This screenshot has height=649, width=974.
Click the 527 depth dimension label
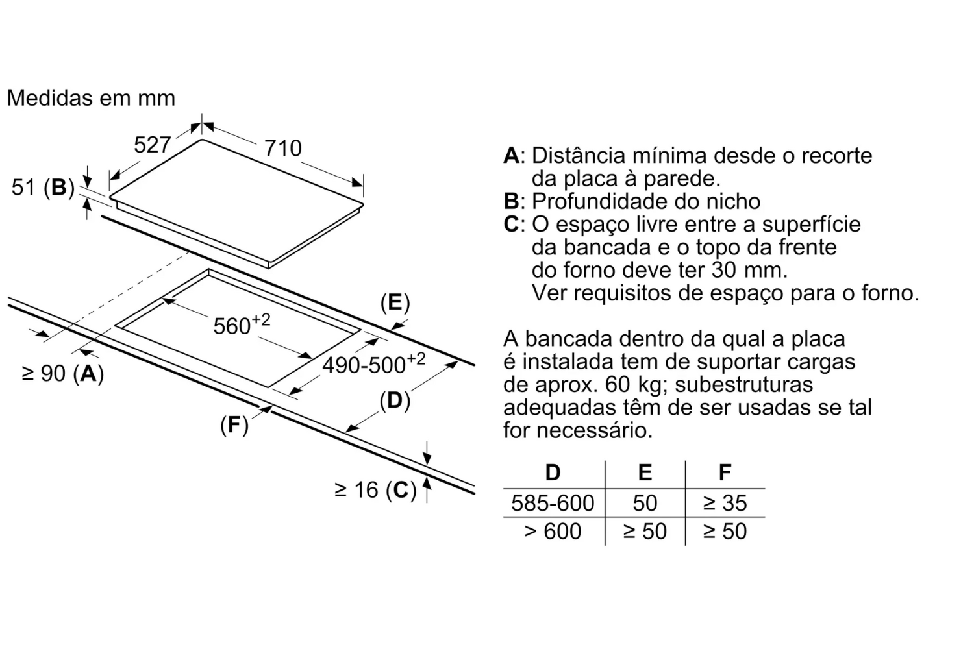pyautogui.click(x=152, y=145)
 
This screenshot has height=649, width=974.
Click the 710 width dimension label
pyautogui.click(x=283, y=149)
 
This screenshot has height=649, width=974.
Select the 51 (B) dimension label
pyautogui.click(x=43, y=188)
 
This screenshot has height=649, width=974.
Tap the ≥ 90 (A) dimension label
pyautogui.click(x=63, y=374)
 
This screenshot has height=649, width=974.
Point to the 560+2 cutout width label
pyautogui.click(x=242, y=324)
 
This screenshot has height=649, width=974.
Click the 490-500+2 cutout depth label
pyautogui.click(x=373, y=364)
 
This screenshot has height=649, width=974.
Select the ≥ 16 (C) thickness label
pyautogui.click(x=375, y=490)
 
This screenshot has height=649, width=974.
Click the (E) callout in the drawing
pyautogui.click(x=395, y=302)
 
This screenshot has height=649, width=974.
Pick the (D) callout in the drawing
pyautogui.click(x=395, y=400)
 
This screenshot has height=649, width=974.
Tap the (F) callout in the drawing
pyautogui.click(x=234, y=425)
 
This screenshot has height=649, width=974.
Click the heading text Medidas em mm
pyautogui.click(x=91, y=98)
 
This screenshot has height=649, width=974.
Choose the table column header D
pyautogui.click(x=553, y=472)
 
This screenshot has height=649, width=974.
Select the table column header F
pyautogui.click(x=725, y=472)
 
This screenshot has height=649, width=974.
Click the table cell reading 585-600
pyautogui.click(x=553, y=503)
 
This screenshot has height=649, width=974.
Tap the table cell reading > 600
pyautogui.click(x=553, y=532)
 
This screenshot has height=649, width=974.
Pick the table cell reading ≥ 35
pyautogui.click(x=725, y=503)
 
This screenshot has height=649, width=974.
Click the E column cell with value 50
pyautogui.click(x=645, y=503)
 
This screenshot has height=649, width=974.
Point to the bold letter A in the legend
pyautogui.click(x=511, y=156)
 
